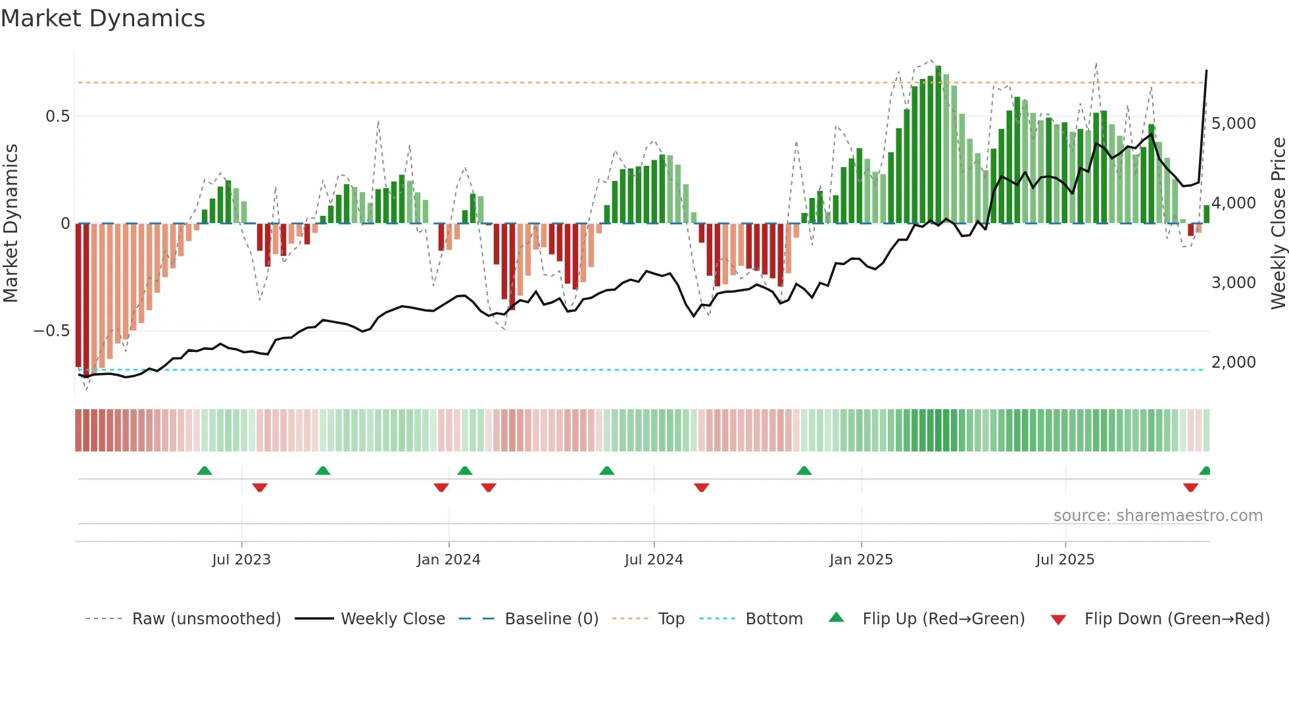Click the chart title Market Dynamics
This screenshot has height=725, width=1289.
tap(103, 18)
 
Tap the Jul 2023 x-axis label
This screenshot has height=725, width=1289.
tap(241, 560)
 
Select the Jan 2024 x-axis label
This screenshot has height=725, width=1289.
tap(449, 560)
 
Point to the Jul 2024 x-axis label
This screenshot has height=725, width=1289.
tap(654, 560)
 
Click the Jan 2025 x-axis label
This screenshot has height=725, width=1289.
tap(861, 560)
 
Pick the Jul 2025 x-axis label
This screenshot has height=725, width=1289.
tap(1065, 560)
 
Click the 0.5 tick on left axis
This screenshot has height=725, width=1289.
tap(57, 116)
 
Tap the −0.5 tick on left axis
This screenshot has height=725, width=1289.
tap(52, 331)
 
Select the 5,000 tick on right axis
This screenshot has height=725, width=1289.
tap(1233, 124)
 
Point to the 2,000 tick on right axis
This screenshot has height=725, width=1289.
tap(1233, 362)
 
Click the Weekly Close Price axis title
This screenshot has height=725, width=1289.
tap(1278, 224)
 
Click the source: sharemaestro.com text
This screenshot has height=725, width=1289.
tap(1157, 516)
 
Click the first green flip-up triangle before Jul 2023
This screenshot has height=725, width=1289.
tap(205, 470)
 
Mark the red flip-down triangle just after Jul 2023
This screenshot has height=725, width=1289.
tap(260, 488)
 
